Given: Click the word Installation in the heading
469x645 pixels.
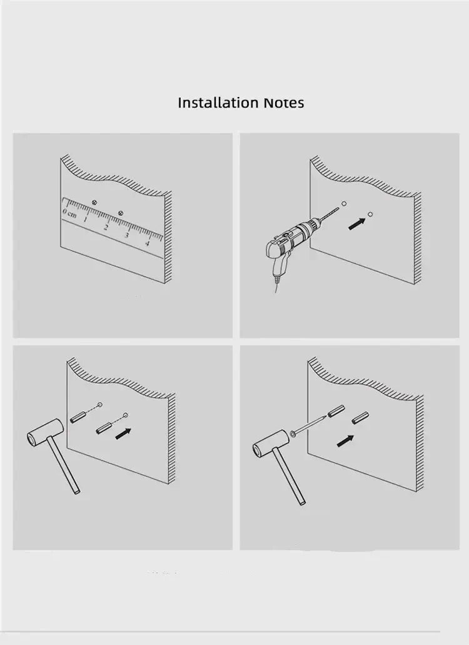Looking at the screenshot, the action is point(219,103).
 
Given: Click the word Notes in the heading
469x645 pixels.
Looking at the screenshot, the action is point(284,103).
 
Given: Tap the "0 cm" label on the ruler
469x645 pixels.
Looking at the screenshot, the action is point(69,213).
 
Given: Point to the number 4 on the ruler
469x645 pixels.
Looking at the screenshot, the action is point(147,243).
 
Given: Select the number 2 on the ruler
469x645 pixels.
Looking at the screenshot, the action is point(106,227).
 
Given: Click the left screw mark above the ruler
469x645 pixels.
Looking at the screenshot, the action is point(94,202).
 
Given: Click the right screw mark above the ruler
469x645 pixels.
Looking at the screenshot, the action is point(121,213).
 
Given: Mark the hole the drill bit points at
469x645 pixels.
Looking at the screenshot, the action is point(344,203).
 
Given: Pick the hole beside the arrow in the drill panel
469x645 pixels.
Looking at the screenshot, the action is point(370,215).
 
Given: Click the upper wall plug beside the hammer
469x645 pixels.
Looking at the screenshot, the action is point(78,417).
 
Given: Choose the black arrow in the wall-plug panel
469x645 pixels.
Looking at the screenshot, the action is point(123,434).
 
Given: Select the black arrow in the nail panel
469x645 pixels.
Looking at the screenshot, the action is point(345,441).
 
